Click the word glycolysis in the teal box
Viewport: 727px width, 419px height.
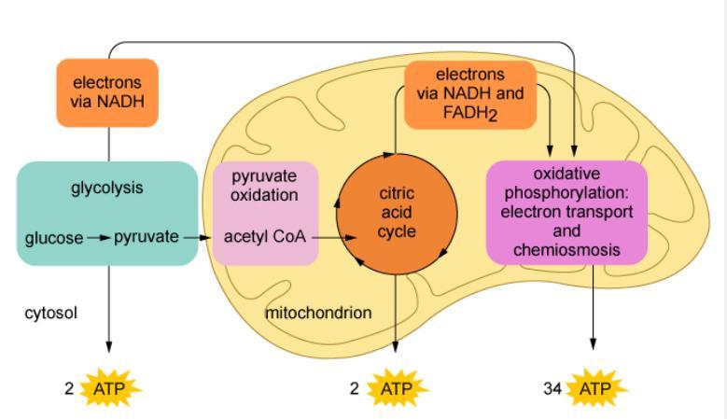[107, 188]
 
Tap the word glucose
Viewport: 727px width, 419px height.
[54, 238]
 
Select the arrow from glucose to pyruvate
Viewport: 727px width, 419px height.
[98, 238]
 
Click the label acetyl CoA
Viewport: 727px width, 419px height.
[265, 237]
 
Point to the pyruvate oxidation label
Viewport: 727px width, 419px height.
[264, 185]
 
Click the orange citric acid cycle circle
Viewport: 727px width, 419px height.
[397, 212]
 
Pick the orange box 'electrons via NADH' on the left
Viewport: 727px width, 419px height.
[107, 91]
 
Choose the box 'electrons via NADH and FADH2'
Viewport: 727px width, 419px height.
[469, 94]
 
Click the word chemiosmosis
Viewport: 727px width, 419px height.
[566, 250]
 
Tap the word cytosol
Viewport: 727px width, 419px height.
[50, 313]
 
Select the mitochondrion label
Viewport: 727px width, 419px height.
[318, 313]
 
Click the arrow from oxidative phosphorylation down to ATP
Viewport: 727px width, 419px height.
[594, 308]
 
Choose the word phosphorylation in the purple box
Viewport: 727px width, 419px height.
[567, 193]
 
